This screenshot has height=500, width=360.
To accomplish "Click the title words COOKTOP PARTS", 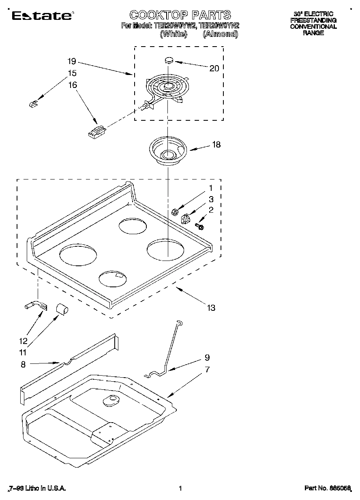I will point(180,15).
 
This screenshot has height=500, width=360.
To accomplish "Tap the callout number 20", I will point(214,68).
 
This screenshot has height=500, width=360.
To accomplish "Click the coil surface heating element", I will point(166,87).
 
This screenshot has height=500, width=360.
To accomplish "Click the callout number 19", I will point(72,62).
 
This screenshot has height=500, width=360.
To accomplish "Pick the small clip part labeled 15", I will point(33,104).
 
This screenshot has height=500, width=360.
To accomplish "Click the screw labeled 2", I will point(199,226).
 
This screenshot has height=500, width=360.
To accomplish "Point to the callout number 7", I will point(207,369).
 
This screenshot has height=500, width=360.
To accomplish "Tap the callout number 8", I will point(23,365).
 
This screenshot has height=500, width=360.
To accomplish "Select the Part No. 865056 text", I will point(327,489).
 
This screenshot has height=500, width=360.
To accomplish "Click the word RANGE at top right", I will point(313,33).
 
